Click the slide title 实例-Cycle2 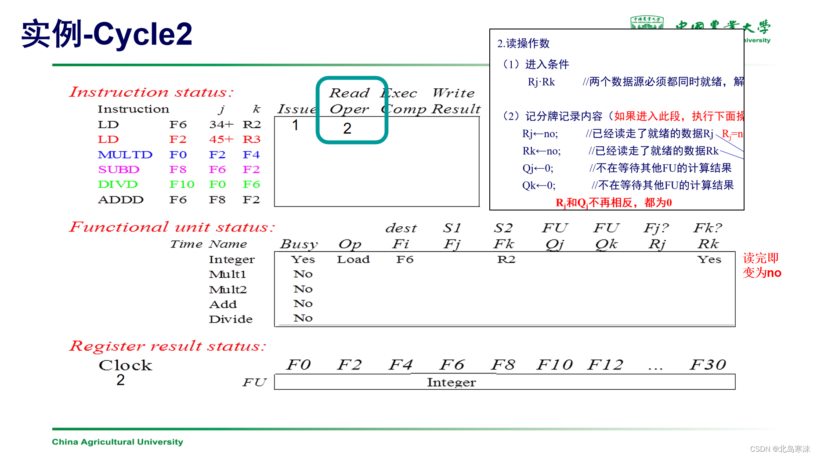107,34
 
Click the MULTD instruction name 125,155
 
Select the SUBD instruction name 119,170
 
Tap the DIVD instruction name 118,185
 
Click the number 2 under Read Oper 347,128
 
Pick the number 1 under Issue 295,125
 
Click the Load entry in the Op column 353,259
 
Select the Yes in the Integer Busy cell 303,259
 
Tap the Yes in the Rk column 709,259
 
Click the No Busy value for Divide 303,318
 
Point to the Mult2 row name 228,290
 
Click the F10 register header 554,365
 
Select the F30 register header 707,365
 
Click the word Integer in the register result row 451,382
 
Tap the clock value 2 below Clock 120,380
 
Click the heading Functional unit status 172,227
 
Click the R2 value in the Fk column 506,259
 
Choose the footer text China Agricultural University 117,442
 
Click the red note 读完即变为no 762,265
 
